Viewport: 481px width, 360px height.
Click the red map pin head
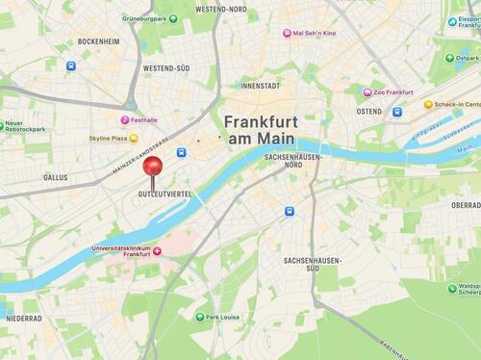152,167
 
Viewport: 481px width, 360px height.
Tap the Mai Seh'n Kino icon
287,34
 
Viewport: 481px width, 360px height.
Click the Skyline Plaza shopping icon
133,139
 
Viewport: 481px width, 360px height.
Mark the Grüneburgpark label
173,15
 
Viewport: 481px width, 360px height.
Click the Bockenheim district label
98,42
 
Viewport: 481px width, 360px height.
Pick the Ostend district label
368,112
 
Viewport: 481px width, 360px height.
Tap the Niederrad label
23,318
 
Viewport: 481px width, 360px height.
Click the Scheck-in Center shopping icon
428,104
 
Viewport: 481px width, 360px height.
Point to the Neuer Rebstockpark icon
11,123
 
